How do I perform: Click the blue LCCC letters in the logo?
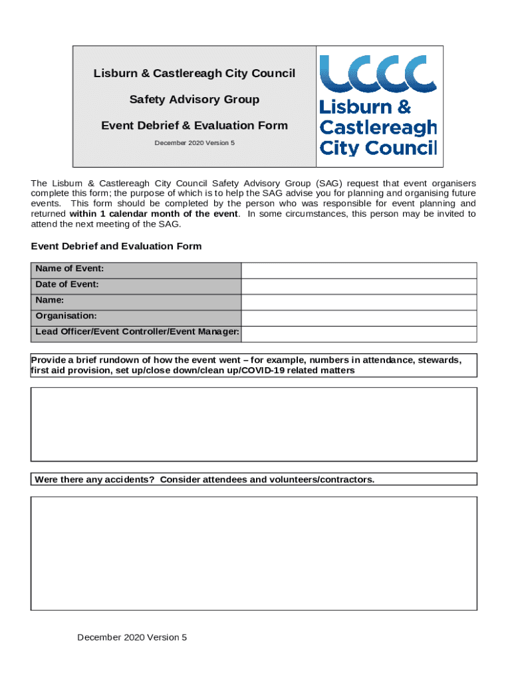pyautogui.click(x=378, y=73)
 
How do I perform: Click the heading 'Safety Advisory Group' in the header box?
pyautogui.click(x=194, y=100)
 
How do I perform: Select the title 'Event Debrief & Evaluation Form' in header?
pyautogui.click(x=194, y=126)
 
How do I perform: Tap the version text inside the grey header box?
pyautogui.click(x=194, y=143)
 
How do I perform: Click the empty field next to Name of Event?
pyautogui.click(x=358, y=270)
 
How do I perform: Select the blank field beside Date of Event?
pyautogui.click(x=358, y=286)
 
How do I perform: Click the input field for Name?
pyautogui.click(x=358, y=302)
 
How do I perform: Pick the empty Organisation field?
pyautogui.click(x=358, y=318)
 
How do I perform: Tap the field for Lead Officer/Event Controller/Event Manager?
pyautogui.click(x=358, y=334)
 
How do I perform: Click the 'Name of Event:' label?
pyautogui.click(x=69, y=269)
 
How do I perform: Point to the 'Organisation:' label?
pyautogui.click(x=66, y=316)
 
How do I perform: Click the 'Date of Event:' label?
pyautogui.click(x=67, y=285)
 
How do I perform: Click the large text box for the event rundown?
pyautogui.click(x=253, y=424)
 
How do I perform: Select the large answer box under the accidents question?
pyautogui.click(x=253, y=553)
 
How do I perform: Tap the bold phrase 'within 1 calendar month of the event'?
pyautogui.click(x=153, y=214)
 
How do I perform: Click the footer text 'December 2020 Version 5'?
pyautogui.click(x=132, y=638)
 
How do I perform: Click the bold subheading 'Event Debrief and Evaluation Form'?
pyautogui.click(x=116, y=247)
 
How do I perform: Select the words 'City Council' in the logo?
pyautogui.click(x=378, y=147)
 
